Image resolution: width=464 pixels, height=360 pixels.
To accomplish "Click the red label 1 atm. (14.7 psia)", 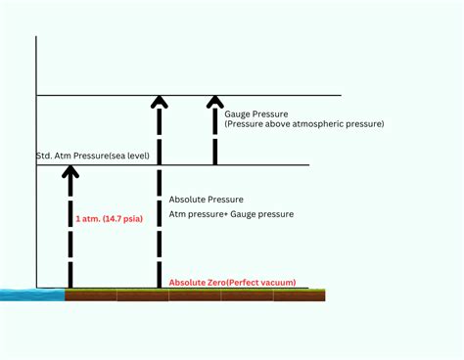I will [x=109, y=219].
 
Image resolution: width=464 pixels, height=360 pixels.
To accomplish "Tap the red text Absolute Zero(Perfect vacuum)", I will [x=232, y=283].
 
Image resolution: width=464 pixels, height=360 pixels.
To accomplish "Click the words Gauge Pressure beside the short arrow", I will [x=257, y=113].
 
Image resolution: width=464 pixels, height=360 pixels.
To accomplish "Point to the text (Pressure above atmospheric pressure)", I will [x=303, y=124].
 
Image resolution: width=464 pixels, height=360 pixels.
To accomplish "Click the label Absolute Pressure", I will [x=207, y=199].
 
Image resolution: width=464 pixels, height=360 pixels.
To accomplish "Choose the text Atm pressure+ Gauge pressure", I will [x=231, y=213].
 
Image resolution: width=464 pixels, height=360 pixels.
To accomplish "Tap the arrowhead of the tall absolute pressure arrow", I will [x=160, y=101].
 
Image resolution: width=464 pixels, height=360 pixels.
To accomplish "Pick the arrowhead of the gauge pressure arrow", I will [x=215, y=101].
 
